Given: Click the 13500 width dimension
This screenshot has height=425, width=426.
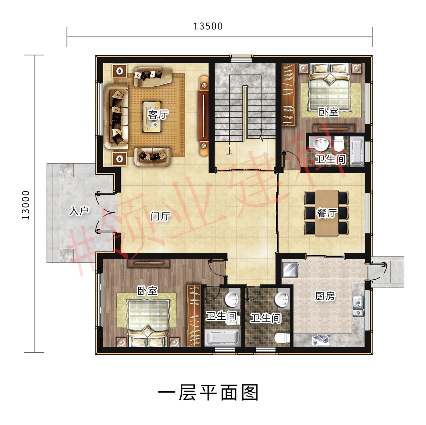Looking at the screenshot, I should tap(208, 26).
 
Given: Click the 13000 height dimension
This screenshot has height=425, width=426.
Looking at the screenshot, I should tap(26, 205).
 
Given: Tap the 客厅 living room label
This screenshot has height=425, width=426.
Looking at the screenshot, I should tap(158, 114).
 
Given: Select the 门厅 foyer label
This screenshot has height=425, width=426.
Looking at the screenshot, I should tap(161, 216).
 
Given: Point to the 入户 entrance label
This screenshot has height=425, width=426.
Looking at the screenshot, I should tap(79, 210).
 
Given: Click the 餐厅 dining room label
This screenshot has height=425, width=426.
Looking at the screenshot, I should tap(327, 213).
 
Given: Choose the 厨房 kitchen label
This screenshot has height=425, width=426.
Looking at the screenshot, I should tap(325, 296).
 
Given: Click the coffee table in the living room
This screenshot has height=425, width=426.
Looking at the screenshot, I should tap(152, 117).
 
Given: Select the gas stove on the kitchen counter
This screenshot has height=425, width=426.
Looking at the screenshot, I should tap(321, 340).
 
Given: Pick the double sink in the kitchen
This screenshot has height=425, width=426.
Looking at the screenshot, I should tap(358, 307).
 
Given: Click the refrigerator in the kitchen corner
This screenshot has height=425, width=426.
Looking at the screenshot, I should tap(290, 270).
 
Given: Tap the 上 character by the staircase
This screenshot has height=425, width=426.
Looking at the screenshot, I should tap(229, 151).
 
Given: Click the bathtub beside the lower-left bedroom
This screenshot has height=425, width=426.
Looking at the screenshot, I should tap(222, 338).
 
